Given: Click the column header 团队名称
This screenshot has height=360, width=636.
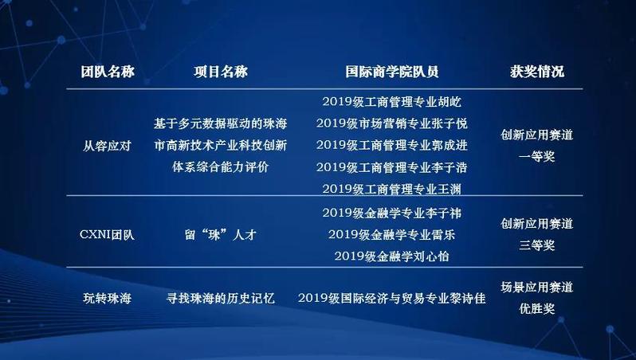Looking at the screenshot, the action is coord(108,72).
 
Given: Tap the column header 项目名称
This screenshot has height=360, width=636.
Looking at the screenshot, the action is coord(221,72).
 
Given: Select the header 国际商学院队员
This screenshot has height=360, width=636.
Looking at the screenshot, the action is coord(392,72).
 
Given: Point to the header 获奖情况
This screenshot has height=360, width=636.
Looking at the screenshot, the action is coord(537,72).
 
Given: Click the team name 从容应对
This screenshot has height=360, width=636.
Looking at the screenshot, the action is coord(107,146).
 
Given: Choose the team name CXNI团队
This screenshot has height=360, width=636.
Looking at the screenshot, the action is coord(107,235).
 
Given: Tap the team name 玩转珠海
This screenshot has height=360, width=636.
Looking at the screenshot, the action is coord(107,299).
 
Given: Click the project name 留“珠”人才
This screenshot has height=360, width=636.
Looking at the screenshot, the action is coord(221,235).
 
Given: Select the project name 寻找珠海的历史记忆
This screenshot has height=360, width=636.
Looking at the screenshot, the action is coord(221,299).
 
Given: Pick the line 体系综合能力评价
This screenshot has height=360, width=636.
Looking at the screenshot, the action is coord(221,167).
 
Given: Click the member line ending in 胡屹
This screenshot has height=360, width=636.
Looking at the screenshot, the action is coord(392,101).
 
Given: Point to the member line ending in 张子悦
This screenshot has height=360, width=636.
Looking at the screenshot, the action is coord(392,123).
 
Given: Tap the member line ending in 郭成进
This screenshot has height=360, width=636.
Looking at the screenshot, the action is coord(392,145).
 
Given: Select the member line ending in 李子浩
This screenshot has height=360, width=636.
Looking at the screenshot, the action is coord(392,167).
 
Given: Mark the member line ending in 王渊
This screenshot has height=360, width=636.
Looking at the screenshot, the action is coord(392,189).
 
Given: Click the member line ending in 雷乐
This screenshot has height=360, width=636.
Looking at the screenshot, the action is coord(392,234).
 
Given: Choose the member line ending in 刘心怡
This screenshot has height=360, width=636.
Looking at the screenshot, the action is coord(392,256).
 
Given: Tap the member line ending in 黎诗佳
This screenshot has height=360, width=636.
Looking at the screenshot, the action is coord(392,299).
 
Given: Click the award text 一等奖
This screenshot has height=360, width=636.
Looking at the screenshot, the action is coord(537,156).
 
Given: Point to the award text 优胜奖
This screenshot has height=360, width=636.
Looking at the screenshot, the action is coord(537,309).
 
